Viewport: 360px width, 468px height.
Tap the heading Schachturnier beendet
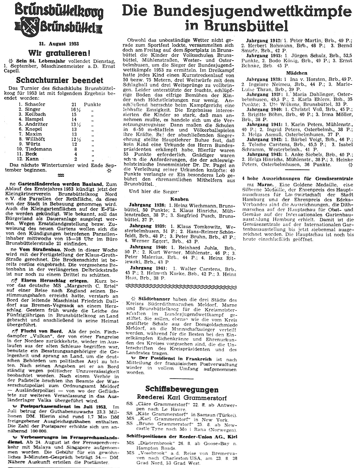tap(60, 80)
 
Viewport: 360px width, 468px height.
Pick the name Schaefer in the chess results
tap(35, 104)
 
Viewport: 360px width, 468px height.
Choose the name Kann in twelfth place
tap(32, 159)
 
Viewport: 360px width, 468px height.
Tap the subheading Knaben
tap(179, 199)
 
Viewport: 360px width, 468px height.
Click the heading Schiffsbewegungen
tap(182, 389)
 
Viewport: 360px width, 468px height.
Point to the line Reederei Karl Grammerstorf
tap(182, 398)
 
